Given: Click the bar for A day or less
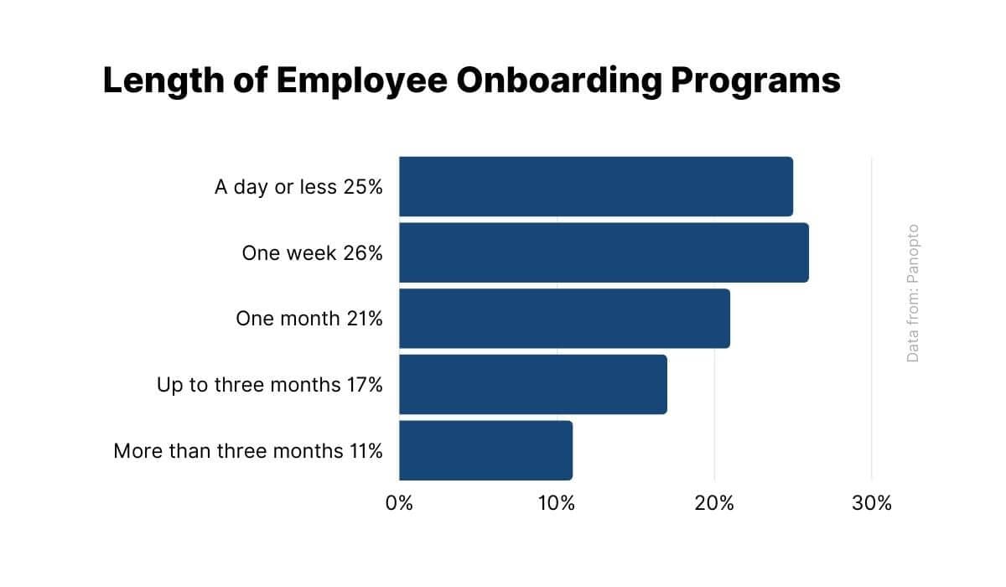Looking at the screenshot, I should click(x=595, y=186).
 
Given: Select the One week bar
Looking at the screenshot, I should click(x=604, y=252).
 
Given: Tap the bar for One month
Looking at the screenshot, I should click(x=564, y=319).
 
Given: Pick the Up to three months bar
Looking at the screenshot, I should click(x=532, y=384).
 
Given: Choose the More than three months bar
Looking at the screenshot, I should click(x=485, y=450).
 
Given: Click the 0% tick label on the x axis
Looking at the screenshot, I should click(x=399, y=504).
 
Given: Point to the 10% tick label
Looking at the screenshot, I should click(x=557, y=504).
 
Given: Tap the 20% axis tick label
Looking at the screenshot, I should click(x=714, y=504).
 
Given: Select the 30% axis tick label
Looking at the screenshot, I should click(x=872, y=504).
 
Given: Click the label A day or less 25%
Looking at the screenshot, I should click(x=298, y=186).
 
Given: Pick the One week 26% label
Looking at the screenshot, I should click(x=312, y=252).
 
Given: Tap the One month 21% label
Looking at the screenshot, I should click(x=309, y=319).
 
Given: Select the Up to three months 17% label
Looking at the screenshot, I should click(x=269, y=385).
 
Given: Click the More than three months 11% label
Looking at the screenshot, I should click(x=248, y=451).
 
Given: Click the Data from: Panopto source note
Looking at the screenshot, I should click(x=913, y=293).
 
